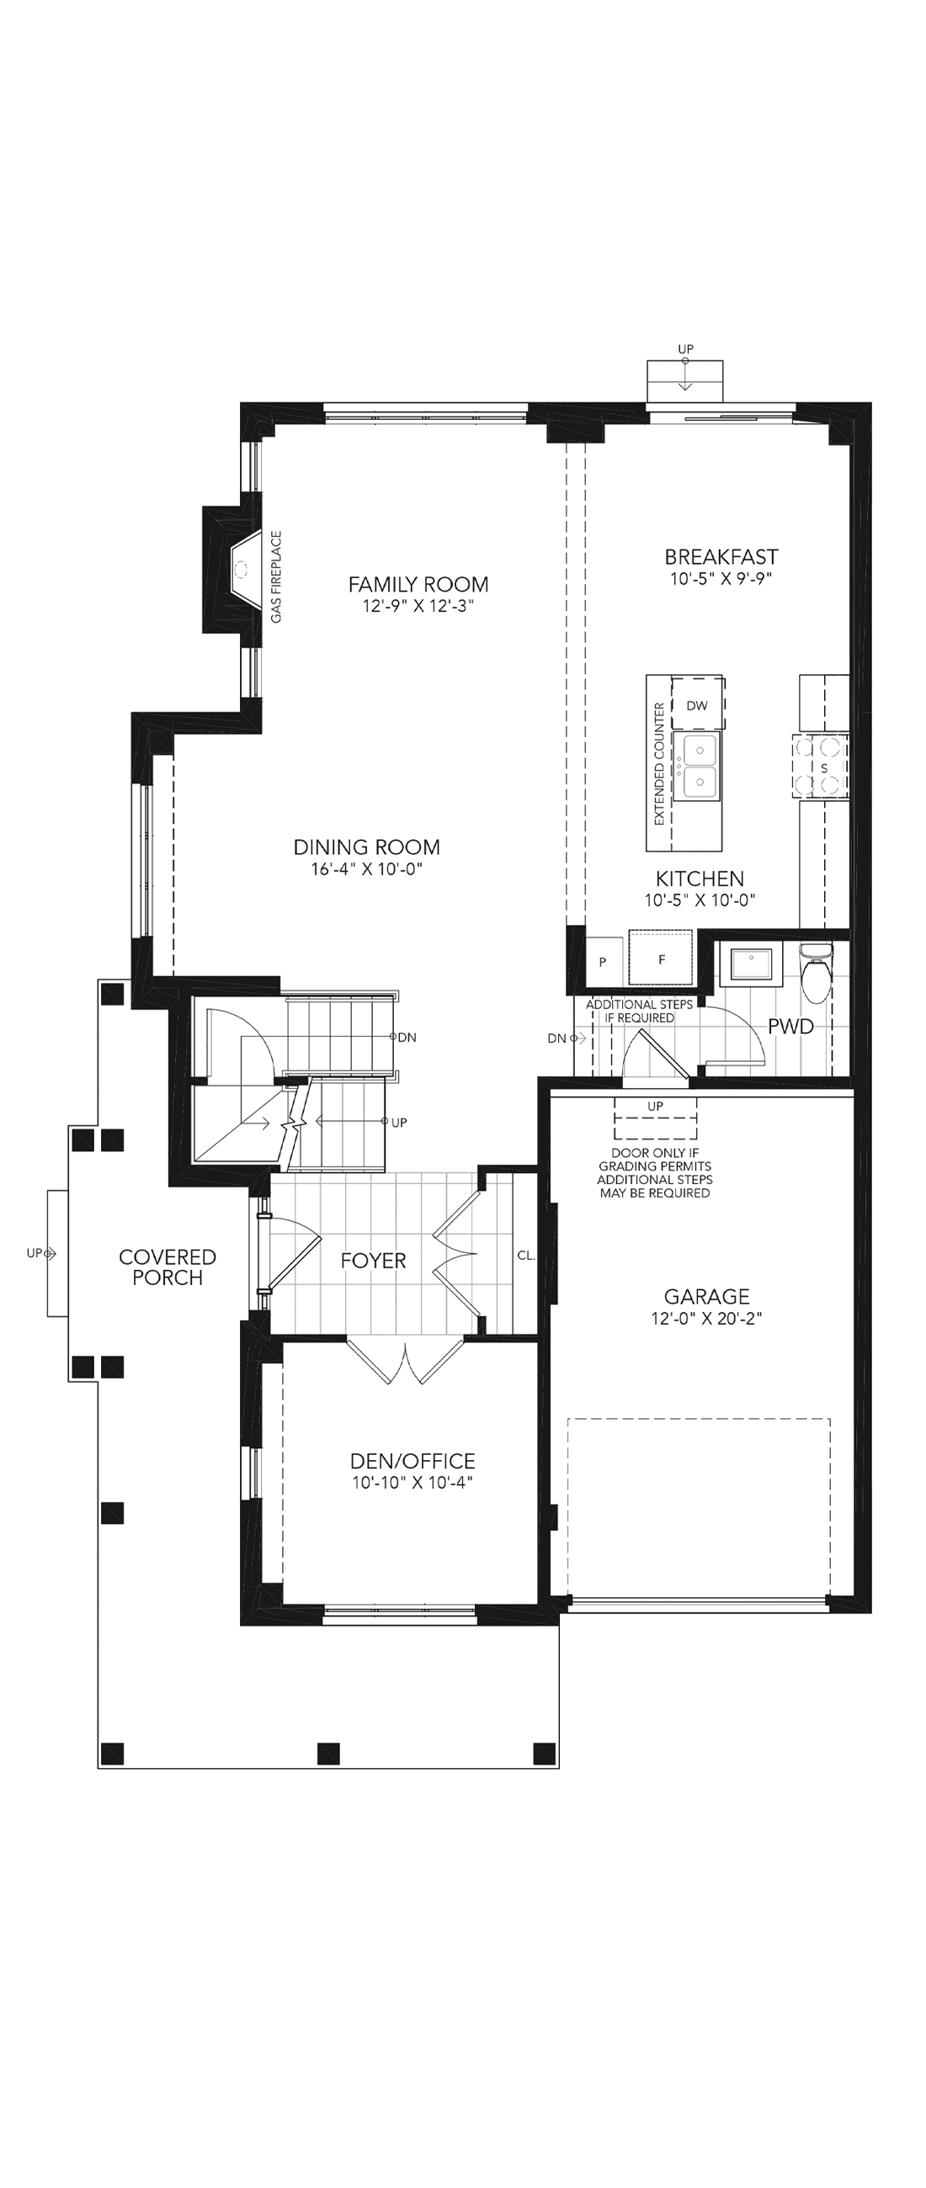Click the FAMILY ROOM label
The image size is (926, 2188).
418,584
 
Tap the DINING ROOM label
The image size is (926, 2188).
367,847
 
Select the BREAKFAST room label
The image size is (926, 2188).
721,557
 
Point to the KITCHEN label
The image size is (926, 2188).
700,879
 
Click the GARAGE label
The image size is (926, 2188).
707,1297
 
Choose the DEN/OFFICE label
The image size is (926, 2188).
412,1461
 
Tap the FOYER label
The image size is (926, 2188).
374,1261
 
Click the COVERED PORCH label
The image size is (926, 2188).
168,1267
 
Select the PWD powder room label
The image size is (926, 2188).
791,1026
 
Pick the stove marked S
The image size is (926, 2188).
822,766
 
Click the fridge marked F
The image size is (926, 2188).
661,959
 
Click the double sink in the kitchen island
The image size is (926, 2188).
698,766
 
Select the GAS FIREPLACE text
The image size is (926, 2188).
276,576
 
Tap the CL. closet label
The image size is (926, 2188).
526,1256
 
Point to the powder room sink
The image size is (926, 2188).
751,964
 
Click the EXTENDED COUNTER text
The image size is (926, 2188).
659,763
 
